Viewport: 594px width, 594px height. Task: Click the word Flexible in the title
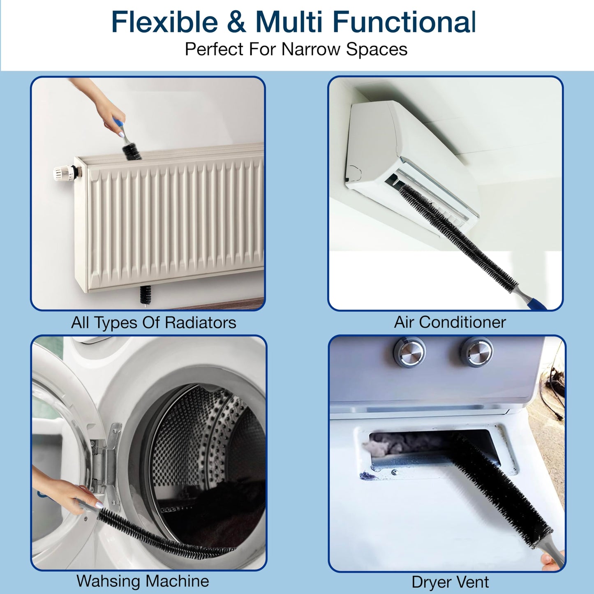pyautogui.click(x=164, y=22)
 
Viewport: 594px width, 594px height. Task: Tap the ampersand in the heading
pyautogui.click(x=236, y=22)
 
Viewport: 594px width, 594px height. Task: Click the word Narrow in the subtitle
pyautogui.click(x=311, y=49)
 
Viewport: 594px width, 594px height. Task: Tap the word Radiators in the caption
pyautogui.click(x=200, y=323)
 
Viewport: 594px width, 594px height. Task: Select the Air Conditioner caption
pyautogui.click(x=450, y=322)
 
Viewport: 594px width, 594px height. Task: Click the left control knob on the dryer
pyautogui.click(x=409, y=352)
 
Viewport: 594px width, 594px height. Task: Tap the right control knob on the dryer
pyautogui.click(x=476, y=352)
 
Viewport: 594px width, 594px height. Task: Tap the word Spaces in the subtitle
pyautogui.click(x=377, y=49)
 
